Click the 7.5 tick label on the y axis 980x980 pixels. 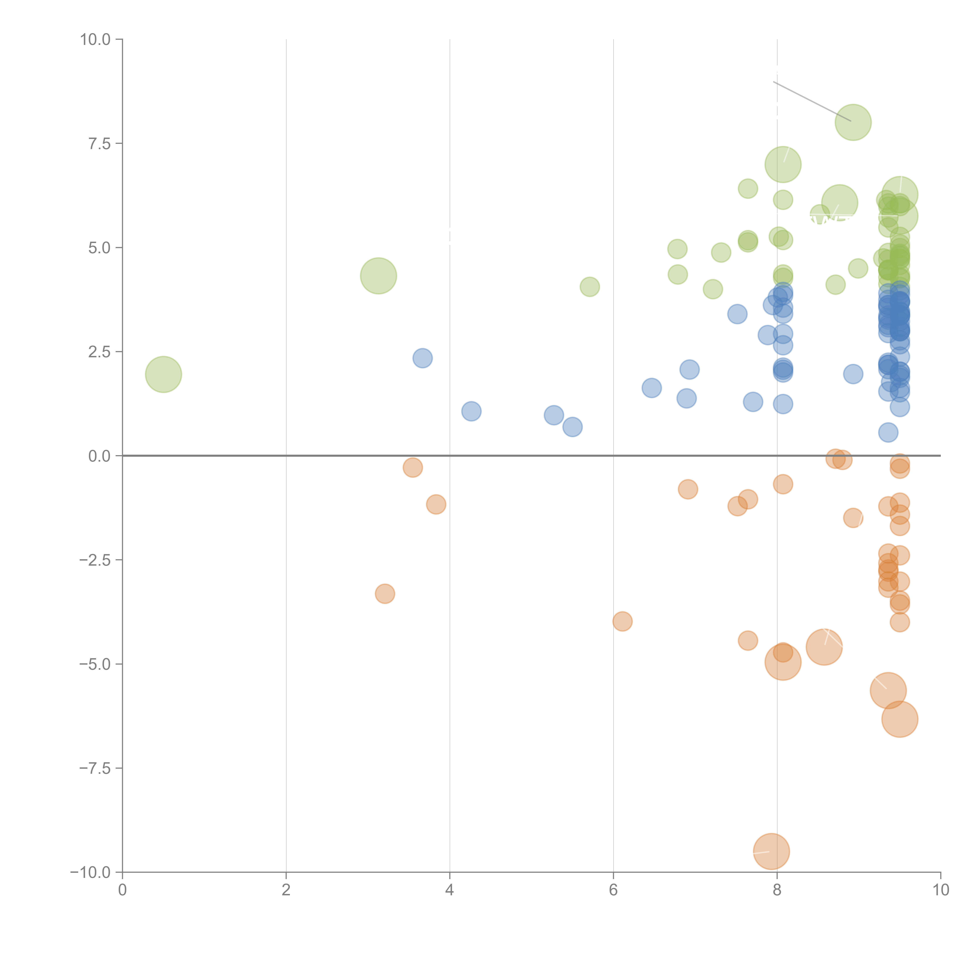(99, 143)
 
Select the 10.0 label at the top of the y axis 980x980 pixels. (95, 40)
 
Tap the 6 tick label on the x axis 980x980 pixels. (613, 890)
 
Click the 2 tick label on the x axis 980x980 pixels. (286, 890)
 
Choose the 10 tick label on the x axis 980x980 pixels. (940, 890)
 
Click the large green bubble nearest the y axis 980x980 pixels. (163, 374)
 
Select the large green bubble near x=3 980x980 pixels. (378, 276)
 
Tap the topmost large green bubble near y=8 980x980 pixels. (853, 122)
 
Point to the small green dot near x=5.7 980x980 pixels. (589, 287)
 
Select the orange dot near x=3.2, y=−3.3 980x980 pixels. (385, 593)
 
